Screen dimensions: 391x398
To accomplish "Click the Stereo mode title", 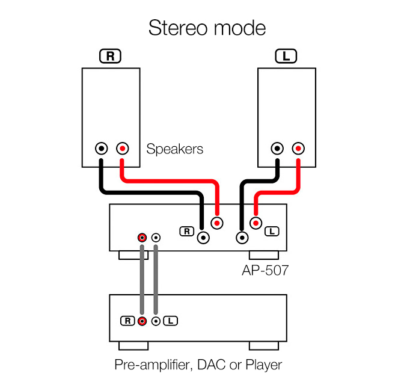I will (207, 28).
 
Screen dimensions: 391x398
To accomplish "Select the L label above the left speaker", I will (286, 57).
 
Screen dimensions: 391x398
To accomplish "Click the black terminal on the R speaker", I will (102, 148).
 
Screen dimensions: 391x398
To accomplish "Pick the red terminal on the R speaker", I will (122, 148).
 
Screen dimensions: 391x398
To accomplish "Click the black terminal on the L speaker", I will (277, 148).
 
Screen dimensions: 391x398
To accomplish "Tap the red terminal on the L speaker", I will (298, 148).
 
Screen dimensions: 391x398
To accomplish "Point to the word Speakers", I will (175, 149).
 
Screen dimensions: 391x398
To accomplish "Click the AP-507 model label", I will (260, 271).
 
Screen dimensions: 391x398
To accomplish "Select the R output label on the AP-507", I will (186, 230).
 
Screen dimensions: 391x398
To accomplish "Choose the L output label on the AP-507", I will (272, 230).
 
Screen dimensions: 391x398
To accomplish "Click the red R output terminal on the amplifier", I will (217, 223).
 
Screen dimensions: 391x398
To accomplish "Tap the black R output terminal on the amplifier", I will (204, 238).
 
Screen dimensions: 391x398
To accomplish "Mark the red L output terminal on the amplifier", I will (256, 223).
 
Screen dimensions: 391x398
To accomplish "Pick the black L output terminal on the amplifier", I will (243, 238).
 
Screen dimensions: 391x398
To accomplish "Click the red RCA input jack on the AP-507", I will (142, 238).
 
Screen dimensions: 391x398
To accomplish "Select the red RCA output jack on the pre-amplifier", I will (142, 321).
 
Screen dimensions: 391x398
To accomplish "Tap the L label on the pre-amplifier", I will (171, 321).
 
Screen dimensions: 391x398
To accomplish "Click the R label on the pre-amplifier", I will (127, 321).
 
